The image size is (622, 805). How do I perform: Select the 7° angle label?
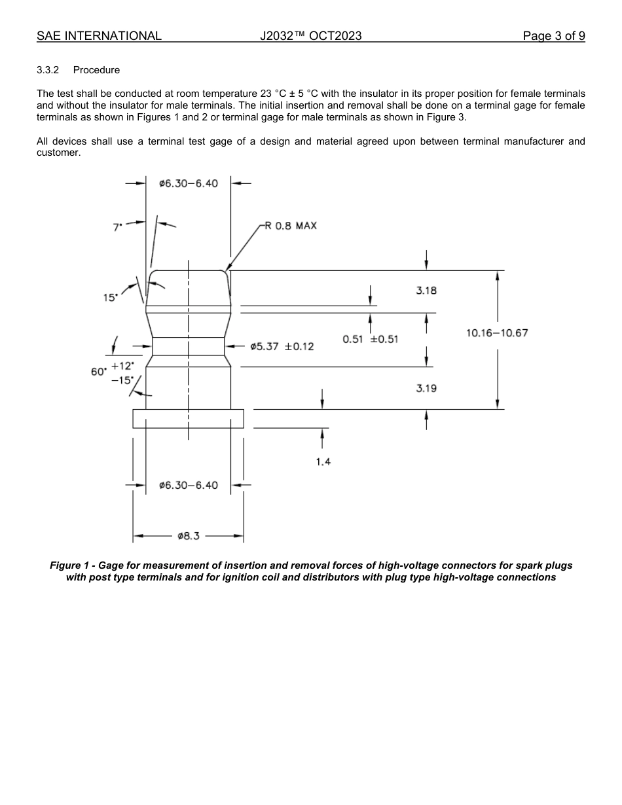[118, 227]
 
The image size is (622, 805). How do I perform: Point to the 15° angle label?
[110, 297]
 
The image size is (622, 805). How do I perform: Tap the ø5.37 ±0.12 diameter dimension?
[282, 346]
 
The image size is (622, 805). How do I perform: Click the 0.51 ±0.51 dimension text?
[371, 339]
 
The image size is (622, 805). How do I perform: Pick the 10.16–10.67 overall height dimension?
[497, 333]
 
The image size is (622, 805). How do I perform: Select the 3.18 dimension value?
[426, 291]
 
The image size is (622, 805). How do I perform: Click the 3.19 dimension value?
[426, 388]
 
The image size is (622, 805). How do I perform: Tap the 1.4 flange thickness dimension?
[323, 461]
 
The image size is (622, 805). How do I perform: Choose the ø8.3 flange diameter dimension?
[189, 536]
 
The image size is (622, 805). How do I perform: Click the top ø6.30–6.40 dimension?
[189, 183]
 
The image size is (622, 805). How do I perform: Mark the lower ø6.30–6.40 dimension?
[189, 485]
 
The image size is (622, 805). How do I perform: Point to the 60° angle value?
[98, 372]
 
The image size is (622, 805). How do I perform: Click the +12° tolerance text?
[122, 366]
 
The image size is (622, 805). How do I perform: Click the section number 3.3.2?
[48, 70]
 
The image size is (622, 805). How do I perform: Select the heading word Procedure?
[96, 70]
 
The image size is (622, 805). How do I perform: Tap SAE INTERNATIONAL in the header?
[99, 36]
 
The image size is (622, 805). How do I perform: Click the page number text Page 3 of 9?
[554, 36]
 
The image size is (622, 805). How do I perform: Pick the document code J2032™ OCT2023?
[310, 36]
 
